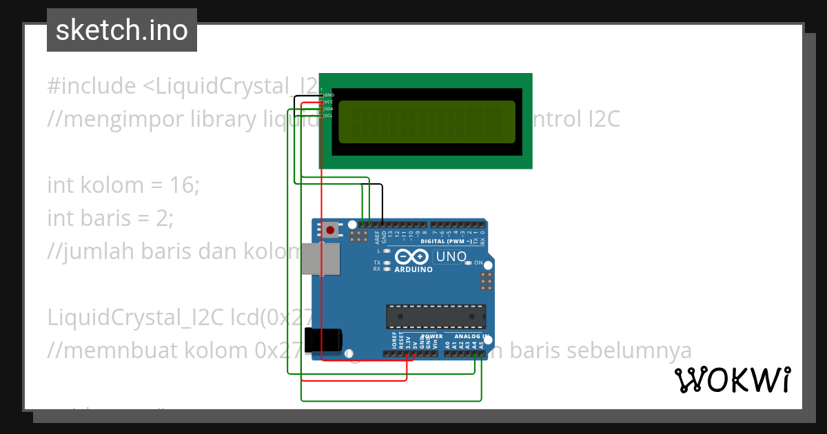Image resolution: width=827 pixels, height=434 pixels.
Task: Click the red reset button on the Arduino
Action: click(331, 229)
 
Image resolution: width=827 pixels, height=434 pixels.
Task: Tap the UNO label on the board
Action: click(451, 257)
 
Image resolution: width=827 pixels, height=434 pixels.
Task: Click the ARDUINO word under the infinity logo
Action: click(413, 269)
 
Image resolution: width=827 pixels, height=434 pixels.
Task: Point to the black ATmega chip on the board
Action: click(436, 316)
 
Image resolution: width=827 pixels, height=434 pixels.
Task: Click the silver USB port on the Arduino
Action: click(321, 258)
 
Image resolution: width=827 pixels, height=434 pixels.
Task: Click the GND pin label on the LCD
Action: click(329, 95)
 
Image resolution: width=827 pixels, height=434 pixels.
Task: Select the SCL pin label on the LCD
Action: click(329, 116)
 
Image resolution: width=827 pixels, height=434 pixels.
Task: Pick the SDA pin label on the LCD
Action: click(329, 109)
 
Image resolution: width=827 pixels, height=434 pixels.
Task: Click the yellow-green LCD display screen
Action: click(427, 121)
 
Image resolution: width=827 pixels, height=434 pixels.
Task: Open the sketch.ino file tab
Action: click(122, 30)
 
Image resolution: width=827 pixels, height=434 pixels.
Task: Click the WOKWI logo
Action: click(733, 380)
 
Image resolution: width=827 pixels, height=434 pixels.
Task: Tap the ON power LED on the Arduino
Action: click(469, 263)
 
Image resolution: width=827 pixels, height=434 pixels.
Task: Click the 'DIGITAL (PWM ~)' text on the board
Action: click(446, 242)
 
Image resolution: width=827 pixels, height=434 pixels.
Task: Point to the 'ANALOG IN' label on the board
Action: click(472, 337)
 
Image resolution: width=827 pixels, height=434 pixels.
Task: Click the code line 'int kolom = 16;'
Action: click(123, 185)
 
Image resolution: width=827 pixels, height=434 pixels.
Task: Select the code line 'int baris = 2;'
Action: click(111, 218)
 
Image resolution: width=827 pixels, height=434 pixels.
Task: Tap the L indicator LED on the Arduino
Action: click(387, 251)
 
